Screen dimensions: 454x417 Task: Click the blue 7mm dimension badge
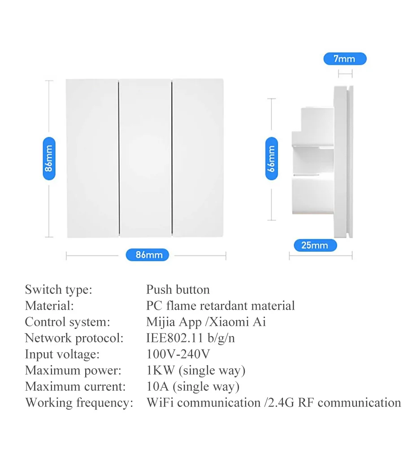344,59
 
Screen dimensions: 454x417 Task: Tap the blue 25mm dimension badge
315,245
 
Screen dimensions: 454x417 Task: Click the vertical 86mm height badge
49,159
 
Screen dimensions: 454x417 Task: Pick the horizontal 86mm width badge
147,255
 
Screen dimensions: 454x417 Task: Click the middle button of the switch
146,158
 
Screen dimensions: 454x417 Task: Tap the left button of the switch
92,158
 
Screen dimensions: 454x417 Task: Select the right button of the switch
198,158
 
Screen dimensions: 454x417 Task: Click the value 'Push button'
178,290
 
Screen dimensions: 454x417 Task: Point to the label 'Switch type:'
58,290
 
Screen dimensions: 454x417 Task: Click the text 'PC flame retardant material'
221,306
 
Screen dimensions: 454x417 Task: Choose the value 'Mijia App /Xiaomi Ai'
206,322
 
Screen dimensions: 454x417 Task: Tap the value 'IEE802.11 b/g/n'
191,338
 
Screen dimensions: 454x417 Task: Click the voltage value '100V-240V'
178,354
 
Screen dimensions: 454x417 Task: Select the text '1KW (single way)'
196,371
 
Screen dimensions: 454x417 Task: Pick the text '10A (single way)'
193,387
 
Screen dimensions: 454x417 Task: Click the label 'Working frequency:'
79,403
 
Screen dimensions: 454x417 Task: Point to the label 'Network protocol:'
74,338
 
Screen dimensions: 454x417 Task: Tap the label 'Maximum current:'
75,387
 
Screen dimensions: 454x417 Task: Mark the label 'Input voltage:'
62,354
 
